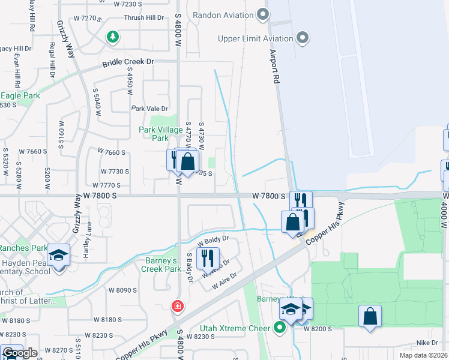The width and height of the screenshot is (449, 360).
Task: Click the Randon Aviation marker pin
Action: (262, 13)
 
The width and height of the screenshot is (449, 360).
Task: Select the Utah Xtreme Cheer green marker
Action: (279, 328)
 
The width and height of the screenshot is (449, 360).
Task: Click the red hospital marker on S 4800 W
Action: (178, 307)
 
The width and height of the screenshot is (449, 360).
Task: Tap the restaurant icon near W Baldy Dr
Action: (208, 258)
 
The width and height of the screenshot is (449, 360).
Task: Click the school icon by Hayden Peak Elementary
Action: (59, 256)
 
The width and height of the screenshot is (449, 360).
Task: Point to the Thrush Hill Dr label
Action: (143, 18)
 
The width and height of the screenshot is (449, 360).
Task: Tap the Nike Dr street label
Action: (427, 343)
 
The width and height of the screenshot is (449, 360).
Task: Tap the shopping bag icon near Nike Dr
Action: (370, 316)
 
